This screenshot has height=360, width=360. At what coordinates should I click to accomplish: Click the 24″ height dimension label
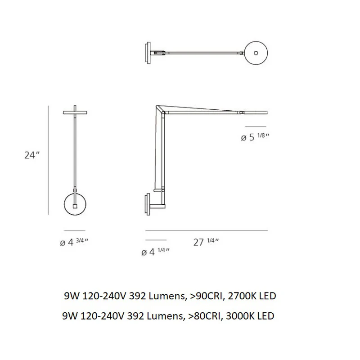32,155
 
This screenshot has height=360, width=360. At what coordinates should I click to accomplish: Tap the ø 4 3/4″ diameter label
74,242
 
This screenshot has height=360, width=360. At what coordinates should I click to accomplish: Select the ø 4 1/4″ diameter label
155,252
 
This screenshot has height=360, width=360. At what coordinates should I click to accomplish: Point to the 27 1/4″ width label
206,242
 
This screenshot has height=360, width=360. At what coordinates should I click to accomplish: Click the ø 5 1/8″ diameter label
255,137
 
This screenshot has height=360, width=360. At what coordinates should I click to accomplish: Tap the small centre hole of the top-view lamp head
256,53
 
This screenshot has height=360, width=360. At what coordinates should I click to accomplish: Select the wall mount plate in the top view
148,53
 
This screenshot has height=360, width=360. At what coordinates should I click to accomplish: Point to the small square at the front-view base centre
75,206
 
